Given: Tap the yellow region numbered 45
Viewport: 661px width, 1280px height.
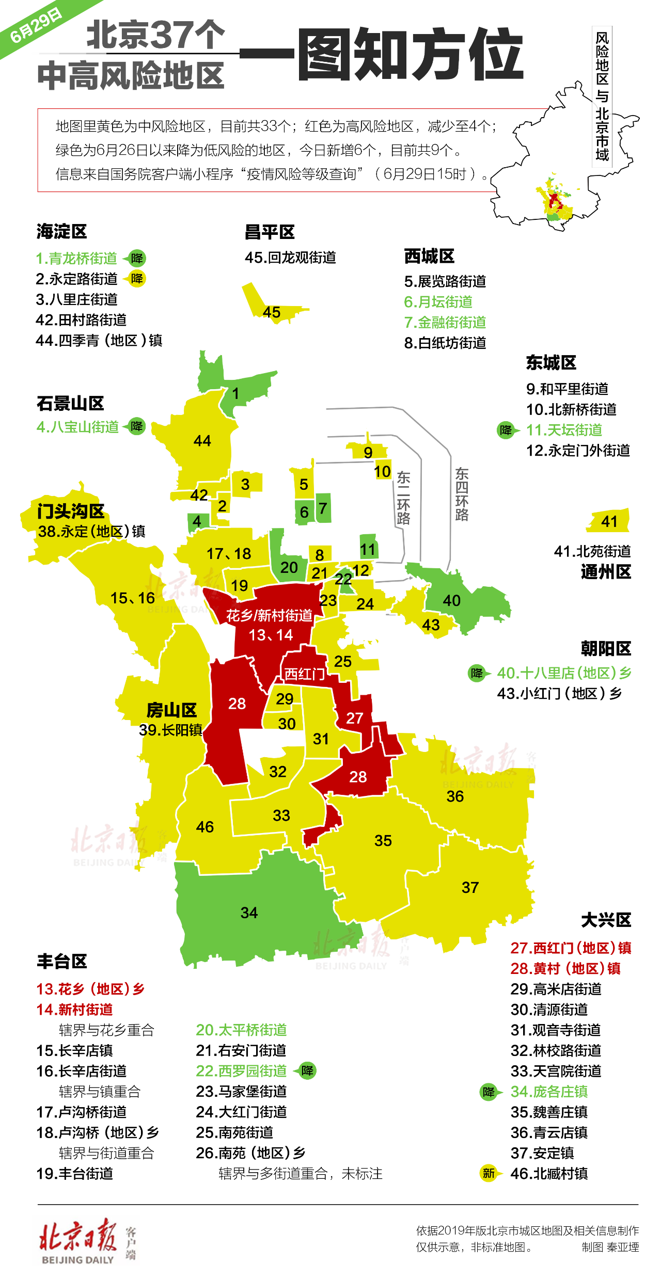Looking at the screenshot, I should click(x=272, y=311).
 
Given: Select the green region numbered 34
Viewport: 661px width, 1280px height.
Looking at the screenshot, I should click(x=249, y=913).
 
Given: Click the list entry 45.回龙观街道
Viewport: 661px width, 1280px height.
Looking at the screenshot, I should click(x=290, y=258).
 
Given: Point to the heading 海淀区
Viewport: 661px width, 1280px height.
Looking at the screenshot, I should click(x=61, y=232).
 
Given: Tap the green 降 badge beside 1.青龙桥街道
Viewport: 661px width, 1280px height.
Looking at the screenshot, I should click(x=137, y=258).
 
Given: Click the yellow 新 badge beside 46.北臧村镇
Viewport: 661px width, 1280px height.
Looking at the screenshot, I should click(x=488, y=1173).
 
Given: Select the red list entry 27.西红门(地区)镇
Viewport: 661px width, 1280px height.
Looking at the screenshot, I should click(x=571, y=948).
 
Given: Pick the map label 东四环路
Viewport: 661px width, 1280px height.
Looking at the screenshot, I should click(x=462, y=494).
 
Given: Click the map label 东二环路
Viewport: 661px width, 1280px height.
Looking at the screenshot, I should click(x=403, y=498).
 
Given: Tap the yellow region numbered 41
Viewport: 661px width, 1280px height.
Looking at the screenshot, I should click(x=609, y=521).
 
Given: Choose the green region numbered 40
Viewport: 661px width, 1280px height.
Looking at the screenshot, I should click(x=452, y=600).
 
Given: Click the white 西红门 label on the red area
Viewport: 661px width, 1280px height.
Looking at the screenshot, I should click(x=304, y=674).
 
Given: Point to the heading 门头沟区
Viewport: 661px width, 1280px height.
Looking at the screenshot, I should click(x=71, y=511).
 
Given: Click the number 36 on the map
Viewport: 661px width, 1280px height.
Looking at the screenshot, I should click(x=455, y=796).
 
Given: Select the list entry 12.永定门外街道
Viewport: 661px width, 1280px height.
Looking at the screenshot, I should click(x=578, y=451).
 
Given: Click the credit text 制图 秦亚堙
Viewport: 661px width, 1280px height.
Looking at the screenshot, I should click(x=610, y=1247).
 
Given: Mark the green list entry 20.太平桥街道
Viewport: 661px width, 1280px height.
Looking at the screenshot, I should click(x=241, y=1030).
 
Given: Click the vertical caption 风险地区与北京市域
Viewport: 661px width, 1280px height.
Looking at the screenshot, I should click(x=602, y=97).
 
